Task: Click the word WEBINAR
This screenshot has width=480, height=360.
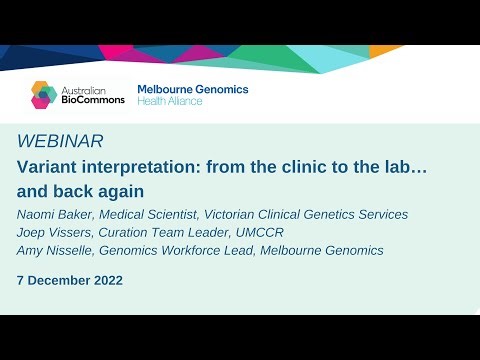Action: pos(59,141)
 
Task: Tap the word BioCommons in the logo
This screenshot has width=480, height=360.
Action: pos(93,100)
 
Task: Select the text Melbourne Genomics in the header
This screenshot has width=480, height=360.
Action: pos(192,89)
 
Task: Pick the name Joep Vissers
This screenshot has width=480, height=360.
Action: pos(58,233)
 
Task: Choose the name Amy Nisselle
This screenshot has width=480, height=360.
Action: pos(59,251)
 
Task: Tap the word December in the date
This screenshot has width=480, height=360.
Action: pos(59,280)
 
